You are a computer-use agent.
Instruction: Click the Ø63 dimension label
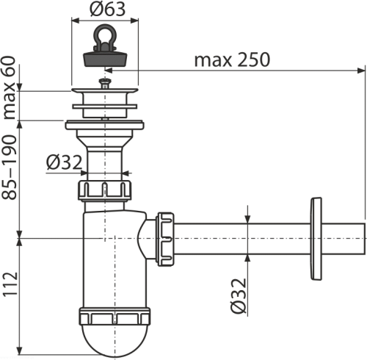pos(108,10)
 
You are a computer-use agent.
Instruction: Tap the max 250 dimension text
pos(232,60)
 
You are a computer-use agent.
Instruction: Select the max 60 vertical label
pos(10,87)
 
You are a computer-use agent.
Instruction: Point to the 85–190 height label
pos(10,167)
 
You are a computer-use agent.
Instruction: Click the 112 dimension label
pos(10,284)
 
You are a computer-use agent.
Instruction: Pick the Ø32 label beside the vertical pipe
pos(64,162)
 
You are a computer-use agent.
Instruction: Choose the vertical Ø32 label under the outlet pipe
pos(239,295)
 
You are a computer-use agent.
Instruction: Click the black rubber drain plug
pos(106,59)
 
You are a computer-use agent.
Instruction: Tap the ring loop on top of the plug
pos(105,35)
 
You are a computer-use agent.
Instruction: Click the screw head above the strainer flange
pos(105,83)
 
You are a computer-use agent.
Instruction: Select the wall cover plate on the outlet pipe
pos(316,238)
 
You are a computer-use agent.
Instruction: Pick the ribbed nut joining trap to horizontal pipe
pos(165,239)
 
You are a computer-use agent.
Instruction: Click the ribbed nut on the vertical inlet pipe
pos(105,190)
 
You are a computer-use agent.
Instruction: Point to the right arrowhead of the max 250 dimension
pos(361,71)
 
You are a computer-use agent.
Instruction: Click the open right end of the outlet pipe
pos(364,239)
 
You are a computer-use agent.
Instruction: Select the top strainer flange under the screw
pos(105,91)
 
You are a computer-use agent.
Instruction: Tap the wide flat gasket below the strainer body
pos(104,124)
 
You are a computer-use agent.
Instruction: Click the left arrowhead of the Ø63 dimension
pos(76,21)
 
